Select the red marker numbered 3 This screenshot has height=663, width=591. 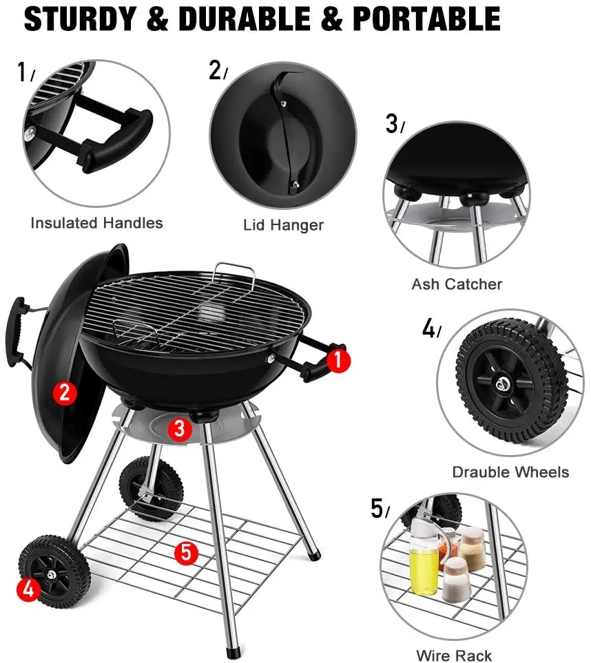(x=180, y=429)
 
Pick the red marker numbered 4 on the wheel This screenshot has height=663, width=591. (x=28, y=589)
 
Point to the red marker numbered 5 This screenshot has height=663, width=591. (x=186, y=552)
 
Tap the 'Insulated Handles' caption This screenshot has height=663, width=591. (x=96, y=223)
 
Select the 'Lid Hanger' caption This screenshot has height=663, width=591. (x=283, y=225)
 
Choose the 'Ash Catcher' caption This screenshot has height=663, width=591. (x=457, y=284)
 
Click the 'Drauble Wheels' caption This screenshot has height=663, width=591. (x=510, y=472)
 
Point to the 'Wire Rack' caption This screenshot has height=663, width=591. (x=454, y=655)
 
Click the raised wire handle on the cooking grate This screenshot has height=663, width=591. (x=234, y=272)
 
